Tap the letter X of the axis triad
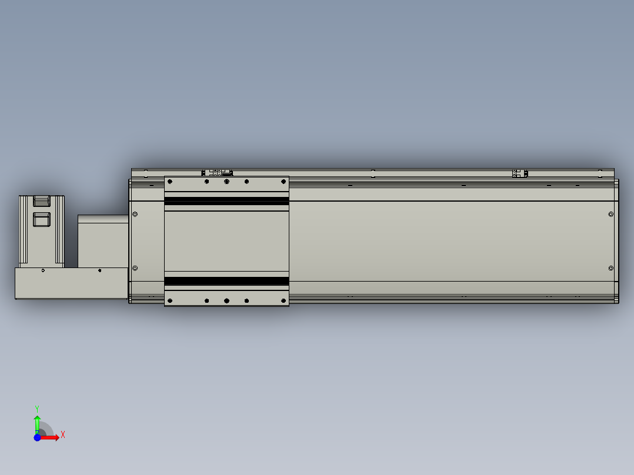pyautogui.click(x=63, y=435)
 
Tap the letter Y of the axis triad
pyautogui.click(x=37, y=409)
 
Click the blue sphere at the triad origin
pyautogui.click(x=37, y=437)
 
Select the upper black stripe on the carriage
pyautogui.click(x=226, y=201)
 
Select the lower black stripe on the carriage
pyautogui.click(x=226, y=281)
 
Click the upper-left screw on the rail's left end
pyautogui.click(x=135, y=214)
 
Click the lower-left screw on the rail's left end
pyautogui.click(x=135, y=268)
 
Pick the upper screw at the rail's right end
pyautogui.click(x=610, y=214)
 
